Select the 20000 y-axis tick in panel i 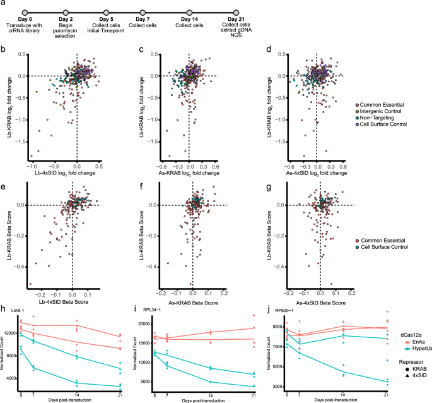[x=144, y=323]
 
